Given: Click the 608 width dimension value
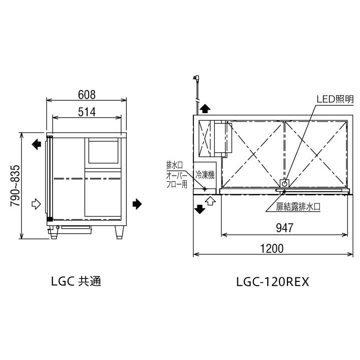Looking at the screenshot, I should coord(87,94).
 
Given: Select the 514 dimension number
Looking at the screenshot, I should coord(87,112).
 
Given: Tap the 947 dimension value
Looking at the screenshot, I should coord(284,228).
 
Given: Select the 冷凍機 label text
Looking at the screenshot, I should coord(205,175).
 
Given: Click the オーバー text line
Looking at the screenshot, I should coord(177,175).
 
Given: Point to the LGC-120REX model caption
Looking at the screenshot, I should coord(273,282).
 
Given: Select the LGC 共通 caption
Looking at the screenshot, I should coord(76,282).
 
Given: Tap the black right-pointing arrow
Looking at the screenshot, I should coord(137,204).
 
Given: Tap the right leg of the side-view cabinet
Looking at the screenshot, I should coord(120,232).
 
